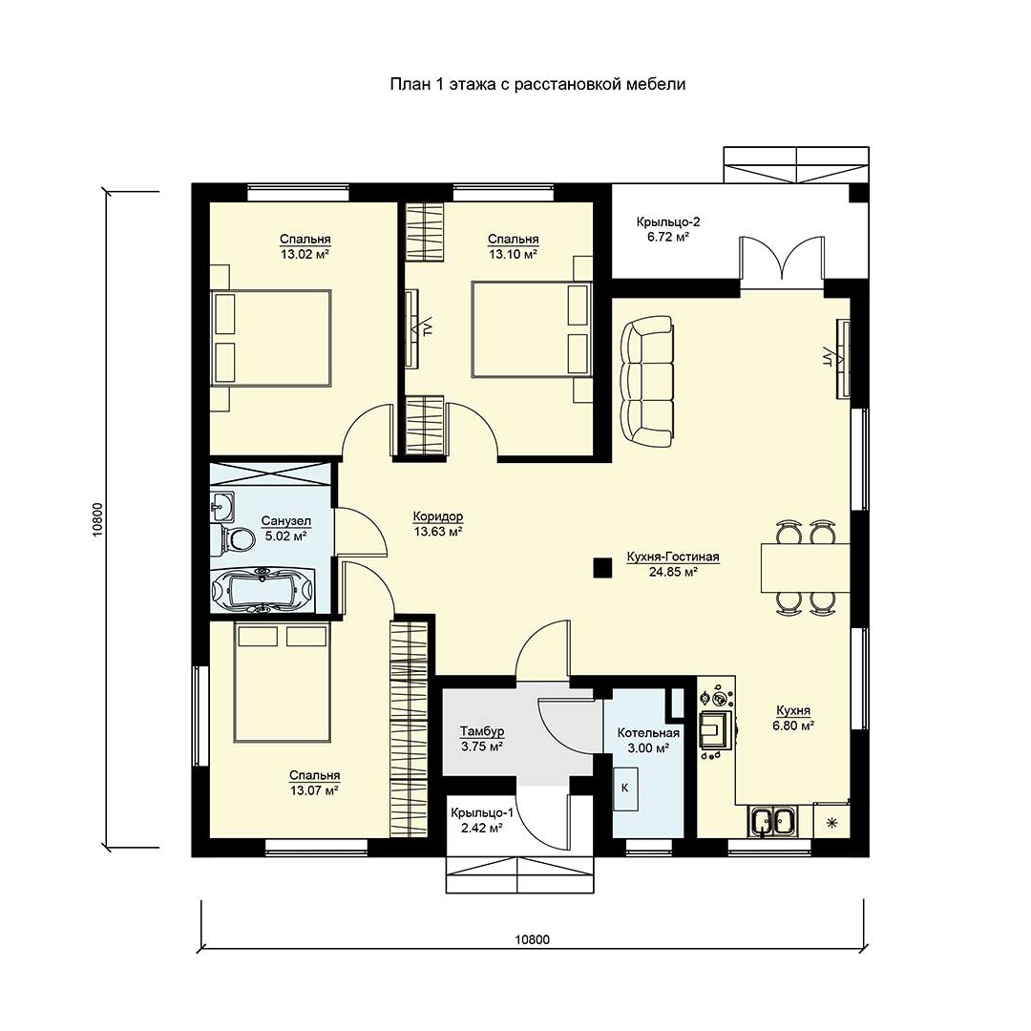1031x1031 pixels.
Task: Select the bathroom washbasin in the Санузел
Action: (x=221, y=505)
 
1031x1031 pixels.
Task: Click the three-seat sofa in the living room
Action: (x=647, y=381)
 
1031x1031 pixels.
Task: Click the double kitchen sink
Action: (x=772, y=821)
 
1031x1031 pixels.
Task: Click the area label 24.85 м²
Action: (x=673, y=572)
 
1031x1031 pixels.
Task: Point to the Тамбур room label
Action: (x=482, y=730)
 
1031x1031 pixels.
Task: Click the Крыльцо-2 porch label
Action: (x=667, y=221)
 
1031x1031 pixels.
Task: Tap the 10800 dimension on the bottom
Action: (x=532, y=939)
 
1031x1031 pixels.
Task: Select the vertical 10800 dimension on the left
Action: (x=98, y=521)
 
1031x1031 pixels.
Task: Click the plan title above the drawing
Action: (x=537, y=84)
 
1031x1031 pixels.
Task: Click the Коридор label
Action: (x=438, y=516)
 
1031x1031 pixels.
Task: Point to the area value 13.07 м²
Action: (x=314, y=790)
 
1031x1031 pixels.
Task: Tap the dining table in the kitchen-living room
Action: (x=806, y=567)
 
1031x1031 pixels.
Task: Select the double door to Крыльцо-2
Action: (x=782, y=262)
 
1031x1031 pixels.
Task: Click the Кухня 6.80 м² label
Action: (x=793, y=718)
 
